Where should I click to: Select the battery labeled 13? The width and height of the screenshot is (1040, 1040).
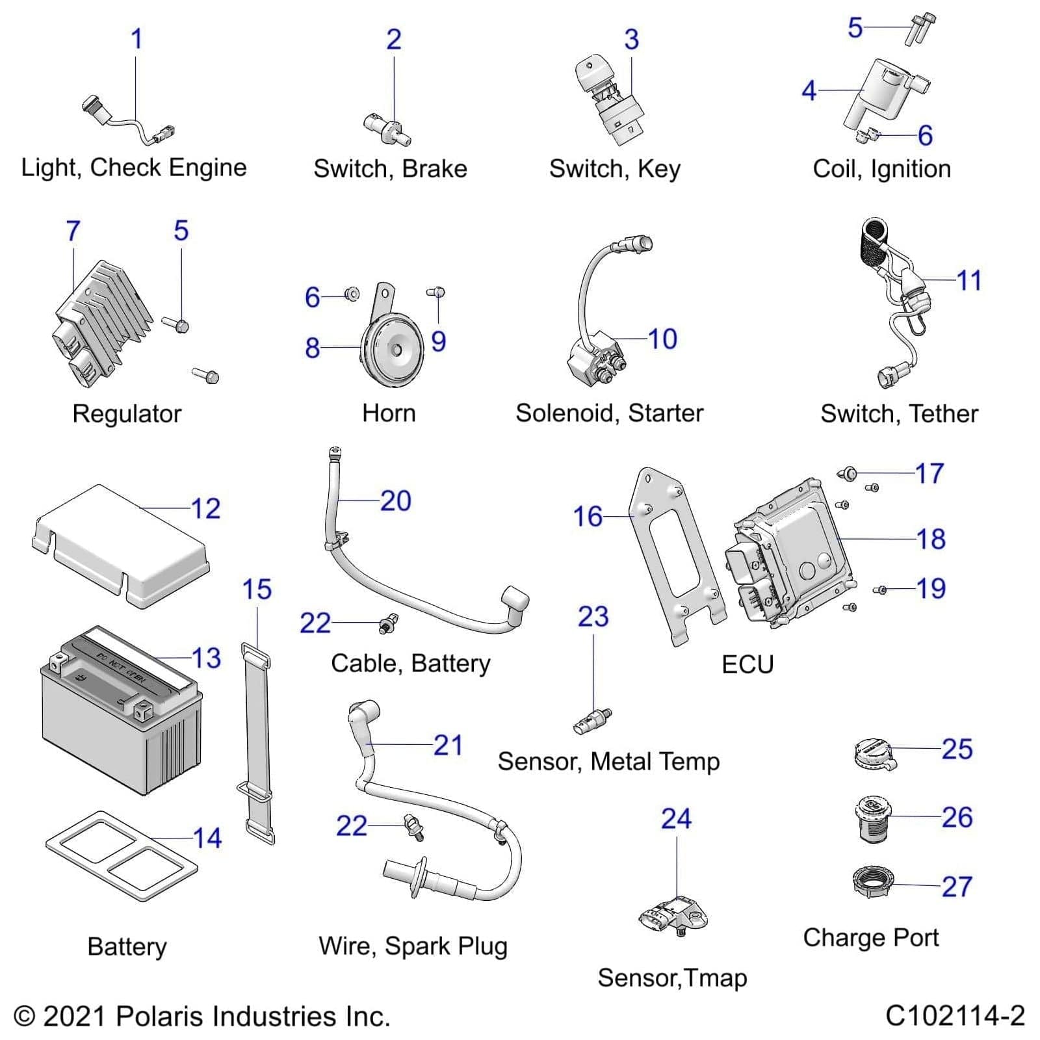pos(120,712)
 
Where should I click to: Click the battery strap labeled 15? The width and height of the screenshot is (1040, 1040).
pos(258,741)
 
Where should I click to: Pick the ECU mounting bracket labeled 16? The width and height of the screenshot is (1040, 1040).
pos(676,552)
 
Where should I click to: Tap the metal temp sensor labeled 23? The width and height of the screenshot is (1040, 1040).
pos(591,721)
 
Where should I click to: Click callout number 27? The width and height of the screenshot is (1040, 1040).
pos(956,887)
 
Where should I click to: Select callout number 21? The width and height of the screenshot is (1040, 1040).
pos(448,745)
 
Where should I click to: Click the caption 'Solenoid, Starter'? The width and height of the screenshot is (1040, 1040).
pos(609,413)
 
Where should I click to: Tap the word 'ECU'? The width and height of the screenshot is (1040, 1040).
pos(747,664)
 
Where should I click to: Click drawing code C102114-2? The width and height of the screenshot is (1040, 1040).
pos(954,1015)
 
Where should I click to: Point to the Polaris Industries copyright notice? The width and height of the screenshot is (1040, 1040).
pos(201,1017)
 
